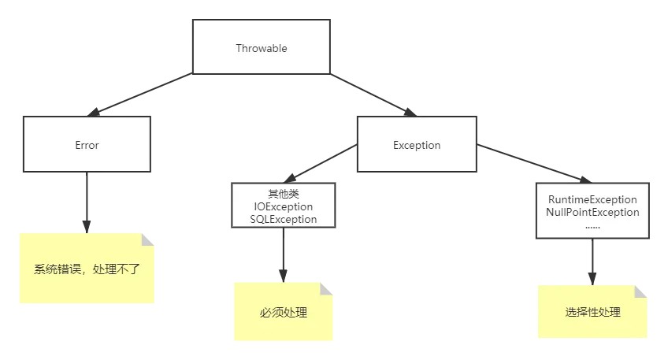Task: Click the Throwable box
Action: pyautogui.click(x=261, y=48)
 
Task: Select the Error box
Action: pyautogui.click(x=87, y=145)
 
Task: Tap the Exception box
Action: pyautogui.click(x=417, y=145)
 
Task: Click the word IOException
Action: pyautogui.click(x=283, y=206)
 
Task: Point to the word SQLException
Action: pyautogui.click(x=283, y=219)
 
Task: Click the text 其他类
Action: pyautogui.click(x=283, y=194)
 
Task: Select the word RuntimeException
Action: pyautogui.click(x=592, y=199)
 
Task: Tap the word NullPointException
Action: pyautogui.click(x=592, y=212)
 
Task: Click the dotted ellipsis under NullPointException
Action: pyautogui.click(x=592, y=225)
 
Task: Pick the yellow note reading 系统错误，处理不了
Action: pyautogui.click(x=88, y=269)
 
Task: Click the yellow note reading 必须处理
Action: pyautogui.click(x=283, y=312)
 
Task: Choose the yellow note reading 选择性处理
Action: pyautogui.click(x=592, y=312)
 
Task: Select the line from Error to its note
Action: pyautogui.click(x=87, y=201)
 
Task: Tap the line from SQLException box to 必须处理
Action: pyautogui.click(x=283, y=256)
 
